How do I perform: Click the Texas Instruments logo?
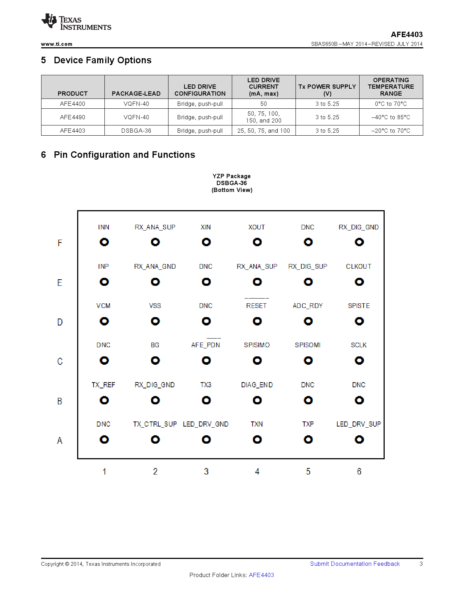pyautogui.click(x=76, y=23)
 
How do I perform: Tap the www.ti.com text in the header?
pyautogui.click(x=56, y=44)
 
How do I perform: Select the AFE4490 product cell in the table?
pyautogui.click(x=72, y=117)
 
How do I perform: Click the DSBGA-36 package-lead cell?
pyautogui.click(x=136, y=131)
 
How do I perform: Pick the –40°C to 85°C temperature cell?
pyautogui.click(x=390, y=117)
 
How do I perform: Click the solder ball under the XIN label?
pyautogui.click(x=206, y=242)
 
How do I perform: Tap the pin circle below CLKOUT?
pyautogui.click(x=359, y=282)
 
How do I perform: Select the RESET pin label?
pyautogui.click(x=256, y=306)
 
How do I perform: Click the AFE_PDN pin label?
pyautogui.click(x=206, y=345)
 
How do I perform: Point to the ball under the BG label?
pyautogui.click(x=155, y=361)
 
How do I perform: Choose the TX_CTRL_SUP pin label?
pyautogui.click(x=155, y=424)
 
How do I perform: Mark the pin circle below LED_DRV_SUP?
pyautogui.click(x=359, y=440)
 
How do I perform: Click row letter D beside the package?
pyautogui.click(x=60, y=322)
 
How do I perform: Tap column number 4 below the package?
pyautogui.click(x=257, y=472)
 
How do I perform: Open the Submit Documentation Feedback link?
pyautogui.click(x=355, y=564)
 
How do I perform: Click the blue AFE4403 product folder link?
pyautogui.click(x=261, y=575)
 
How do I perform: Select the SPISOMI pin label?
pyautogui.click(x=308, y=345)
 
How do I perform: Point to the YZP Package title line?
pyautogui.click(x=231, y=176)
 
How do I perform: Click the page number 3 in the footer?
pyautogui.click(x=421, y=564)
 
